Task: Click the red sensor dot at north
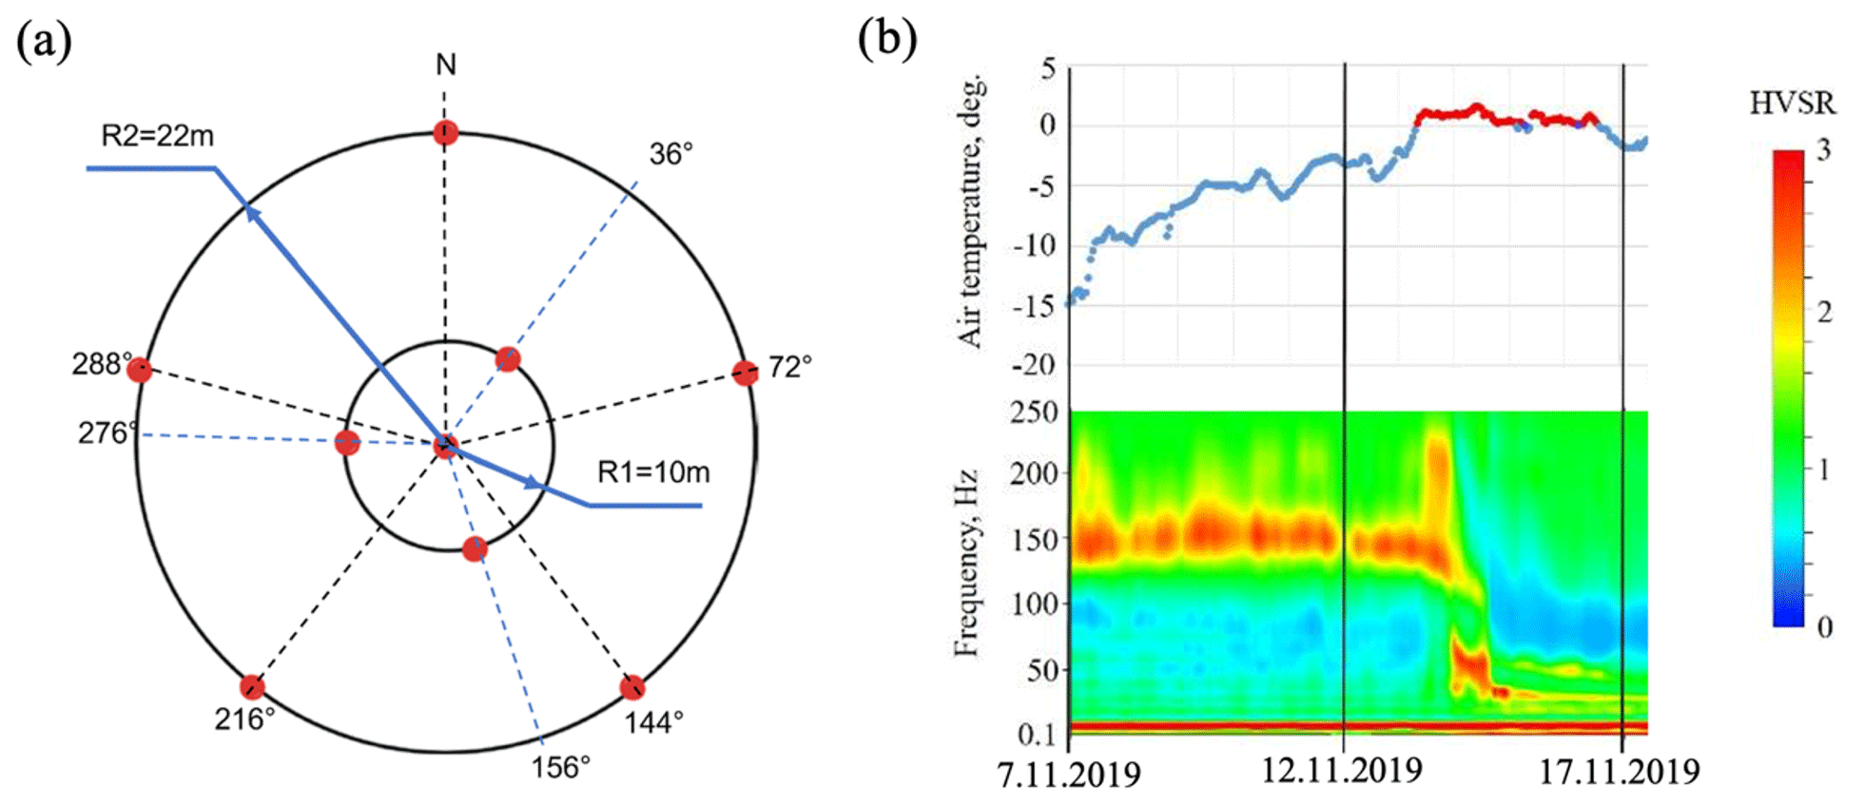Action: (x=445, y=132)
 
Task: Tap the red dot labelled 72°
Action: (x=746, y=373)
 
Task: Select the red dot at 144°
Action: (x=632, y=687)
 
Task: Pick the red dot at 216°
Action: (x=252, y=686)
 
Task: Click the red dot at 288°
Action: (x=140, y=370)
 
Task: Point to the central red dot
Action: (x=445, y=445)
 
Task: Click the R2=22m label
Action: (x=157, y=137)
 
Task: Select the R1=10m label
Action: (x=653, y=472)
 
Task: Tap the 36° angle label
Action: (x=671, y=154)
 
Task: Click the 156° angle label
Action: (x=560, y=767)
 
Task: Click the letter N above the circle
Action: (x=445, y=65)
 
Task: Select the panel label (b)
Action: (x=887, y=40)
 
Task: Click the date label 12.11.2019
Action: (x=1342, y=771)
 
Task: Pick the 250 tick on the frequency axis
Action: (x=1034, y=413)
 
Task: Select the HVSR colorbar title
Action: (x=1792, y=104)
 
